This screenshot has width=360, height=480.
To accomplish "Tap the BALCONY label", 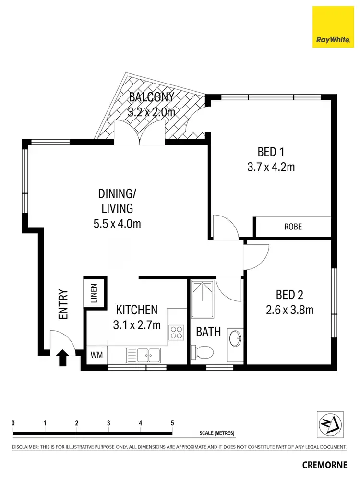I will [x=151, y=97].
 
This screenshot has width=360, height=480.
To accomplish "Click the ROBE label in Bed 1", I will [x=292, y=227].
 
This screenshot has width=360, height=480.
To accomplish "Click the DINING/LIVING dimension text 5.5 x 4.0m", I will [x=120, y=223].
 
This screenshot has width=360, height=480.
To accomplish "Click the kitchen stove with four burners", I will [x=176, y=332].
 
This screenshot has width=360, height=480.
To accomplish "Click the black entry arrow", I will [x=62, y=358].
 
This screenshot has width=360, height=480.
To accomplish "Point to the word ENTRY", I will [x=63, y=304].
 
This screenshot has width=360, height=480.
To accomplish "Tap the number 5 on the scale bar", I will [x=172, y=423].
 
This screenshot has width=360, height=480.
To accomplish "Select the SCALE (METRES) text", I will [x=217, y=433].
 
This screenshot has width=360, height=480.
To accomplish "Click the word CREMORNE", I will [x=324, y=465].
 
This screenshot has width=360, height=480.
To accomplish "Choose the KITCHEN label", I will [x=137, y=309].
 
